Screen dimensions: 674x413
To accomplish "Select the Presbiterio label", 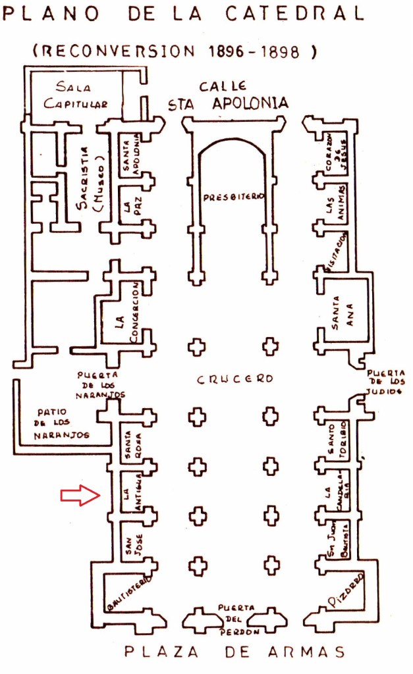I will [233, 197].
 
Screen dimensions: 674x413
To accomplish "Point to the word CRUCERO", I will [234, 380].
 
